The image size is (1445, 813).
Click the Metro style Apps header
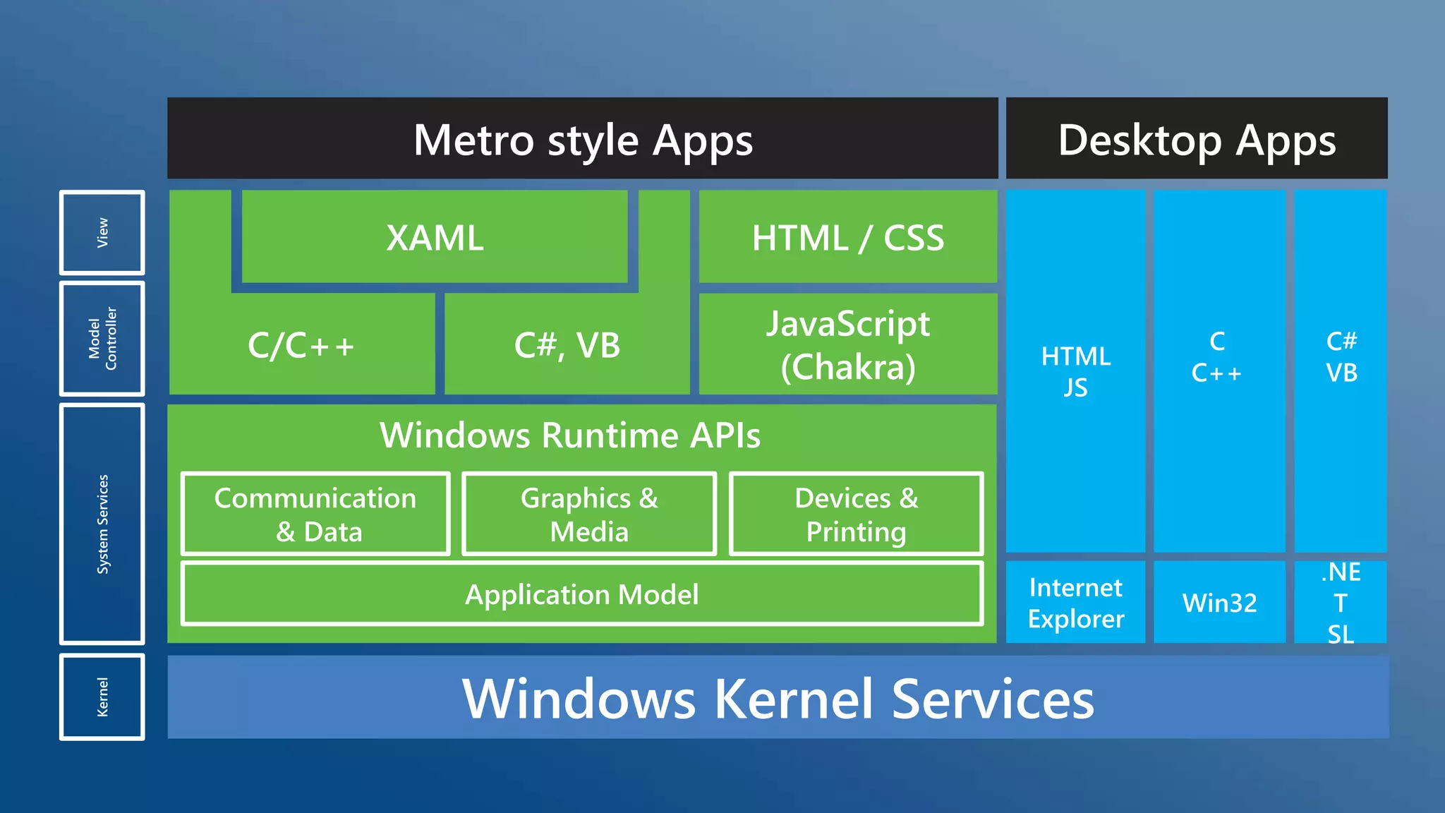click(583, 139)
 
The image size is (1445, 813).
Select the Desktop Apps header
click(1197, 139)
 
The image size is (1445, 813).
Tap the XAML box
click(435, 237)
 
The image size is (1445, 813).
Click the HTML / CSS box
click(847, 237)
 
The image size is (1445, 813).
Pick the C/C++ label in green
click(301, 346)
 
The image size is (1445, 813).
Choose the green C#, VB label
click(567, 346)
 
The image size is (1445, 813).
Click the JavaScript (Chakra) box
click(847, 345)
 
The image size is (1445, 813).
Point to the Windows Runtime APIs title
click(570, 435)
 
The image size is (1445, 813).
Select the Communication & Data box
click(315, 514)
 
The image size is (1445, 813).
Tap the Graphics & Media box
click(589, 514)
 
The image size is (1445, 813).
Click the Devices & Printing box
click(856, 514)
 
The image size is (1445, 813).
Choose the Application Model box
click(582, 594)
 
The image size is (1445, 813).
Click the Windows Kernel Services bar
click(778, 698)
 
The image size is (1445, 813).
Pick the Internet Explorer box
click(1075, 603)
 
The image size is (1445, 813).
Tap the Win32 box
click(1219, 603)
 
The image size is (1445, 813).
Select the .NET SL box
click(1341, 603)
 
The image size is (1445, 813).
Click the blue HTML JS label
click(1075, 372)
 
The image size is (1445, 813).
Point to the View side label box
click(102, 232)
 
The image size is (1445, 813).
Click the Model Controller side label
click(102, 338)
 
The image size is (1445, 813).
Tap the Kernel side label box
click(102, 697)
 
